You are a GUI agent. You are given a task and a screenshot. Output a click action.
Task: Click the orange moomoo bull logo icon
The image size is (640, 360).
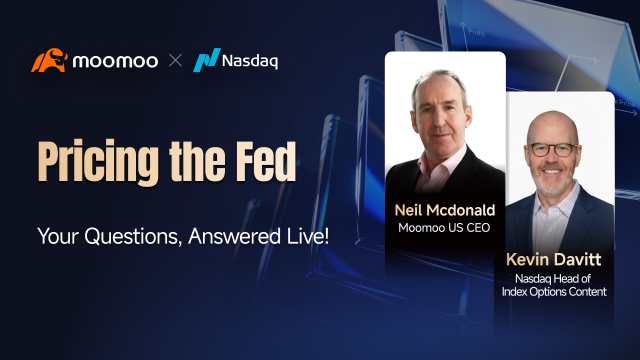coord(49,60)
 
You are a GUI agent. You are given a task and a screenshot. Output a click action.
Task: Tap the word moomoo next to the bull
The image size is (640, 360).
coord(115,61)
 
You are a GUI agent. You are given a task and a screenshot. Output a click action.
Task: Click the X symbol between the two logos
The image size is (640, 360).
coord(176,61)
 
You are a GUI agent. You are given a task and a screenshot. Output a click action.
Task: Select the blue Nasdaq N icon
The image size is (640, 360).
coord(207,60)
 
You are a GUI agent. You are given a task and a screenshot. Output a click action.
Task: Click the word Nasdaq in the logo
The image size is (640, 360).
coord(250,61)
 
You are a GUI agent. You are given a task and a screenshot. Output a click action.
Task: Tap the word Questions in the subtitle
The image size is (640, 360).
coord(133,236)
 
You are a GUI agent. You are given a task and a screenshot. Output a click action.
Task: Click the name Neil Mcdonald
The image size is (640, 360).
coord(445,210)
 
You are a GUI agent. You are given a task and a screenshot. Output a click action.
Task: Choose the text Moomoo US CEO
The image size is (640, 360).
coord(444,228)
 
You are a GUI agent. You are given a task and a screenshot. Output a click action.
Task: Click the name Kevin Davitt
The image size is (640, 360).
coord(553,259)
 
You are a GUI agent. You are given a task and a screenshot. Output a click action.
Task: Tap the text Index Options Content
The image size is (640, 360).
coord(554,291)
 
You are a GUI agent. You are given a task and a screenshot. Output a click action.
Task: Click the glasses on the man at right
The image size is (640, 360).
coord(553,149)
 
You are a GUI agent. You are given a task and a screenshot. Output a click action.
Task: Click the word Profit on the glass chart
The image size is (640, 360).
coord(476,32)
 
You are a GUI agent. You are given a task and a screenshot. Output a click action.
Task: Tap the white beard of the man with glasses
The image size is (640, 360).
coord(553,181)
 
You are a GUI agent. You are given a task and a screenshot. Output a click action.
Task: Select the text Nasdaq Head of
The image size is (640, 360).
coord(553,278)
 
